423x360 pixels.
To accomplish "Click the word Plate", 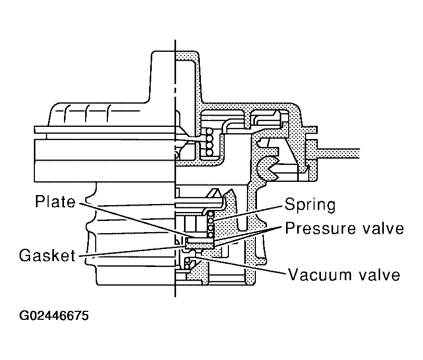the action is [x=56, y=201].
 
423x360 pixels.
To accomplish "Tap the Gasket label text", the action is [x=47, y=255].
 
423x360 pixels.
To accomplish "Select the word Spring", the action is [x=310, y=206].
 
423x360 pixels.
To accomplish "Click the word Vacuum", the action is [x=320, y=274].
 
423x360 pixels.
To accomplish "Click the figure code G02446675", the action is [x=54, y=316].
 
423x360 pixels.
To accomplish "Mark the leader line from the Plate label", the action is [x=133, y=220].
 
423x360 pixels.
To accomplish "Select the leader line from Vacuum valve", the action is [x=239, y=265].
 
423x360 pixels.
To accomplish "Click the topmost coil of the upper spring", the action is [x=209, y=132].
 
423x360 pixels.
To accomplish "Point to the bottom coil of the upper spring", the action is [x=209, y=152].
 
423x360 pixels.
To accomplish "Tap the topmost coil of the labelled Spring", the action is [x=210, y=215].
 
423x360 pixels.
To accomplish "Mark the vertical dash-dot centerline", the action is [x=175, y=168].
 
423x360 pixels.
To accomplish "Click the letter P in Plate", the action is [x=40, y=201].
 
